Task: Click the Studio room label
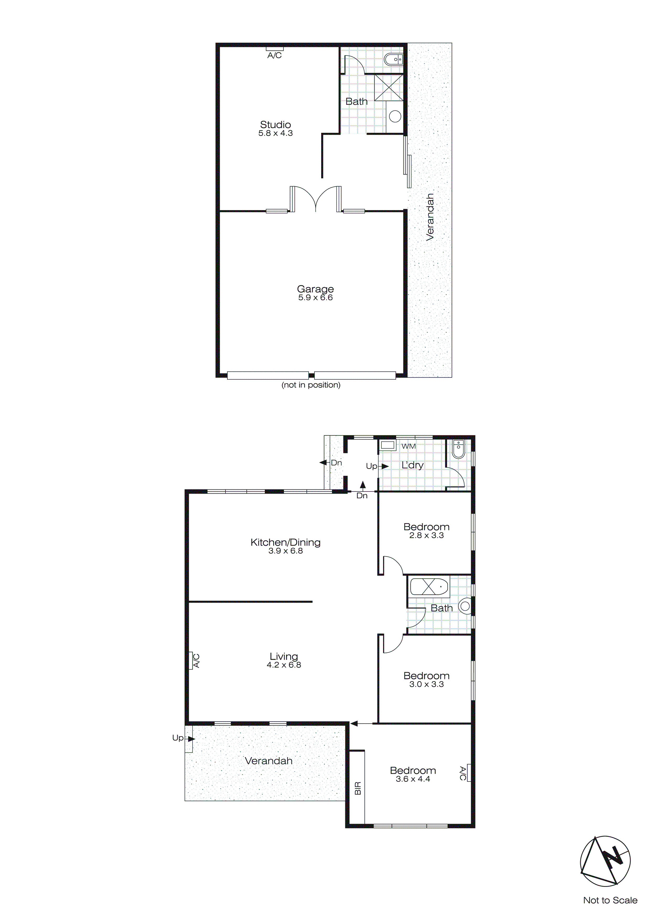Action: tap(275, 125)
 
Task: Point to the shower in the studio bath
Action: tap(389, 88)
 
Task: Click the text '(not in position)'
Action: tap(311, 385)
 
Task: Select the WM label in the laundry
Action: tap(409, 446)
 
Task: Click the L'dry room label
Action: tap(412, 465)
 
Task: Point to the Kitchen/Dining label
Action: tap(285, 543)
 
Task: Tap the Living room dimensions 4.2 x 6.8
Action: tap(284, 665)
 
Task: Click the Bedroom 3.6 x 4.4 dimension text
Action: tap(413, 779)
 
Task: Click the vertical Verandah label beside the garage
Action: tap(430, 217)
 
